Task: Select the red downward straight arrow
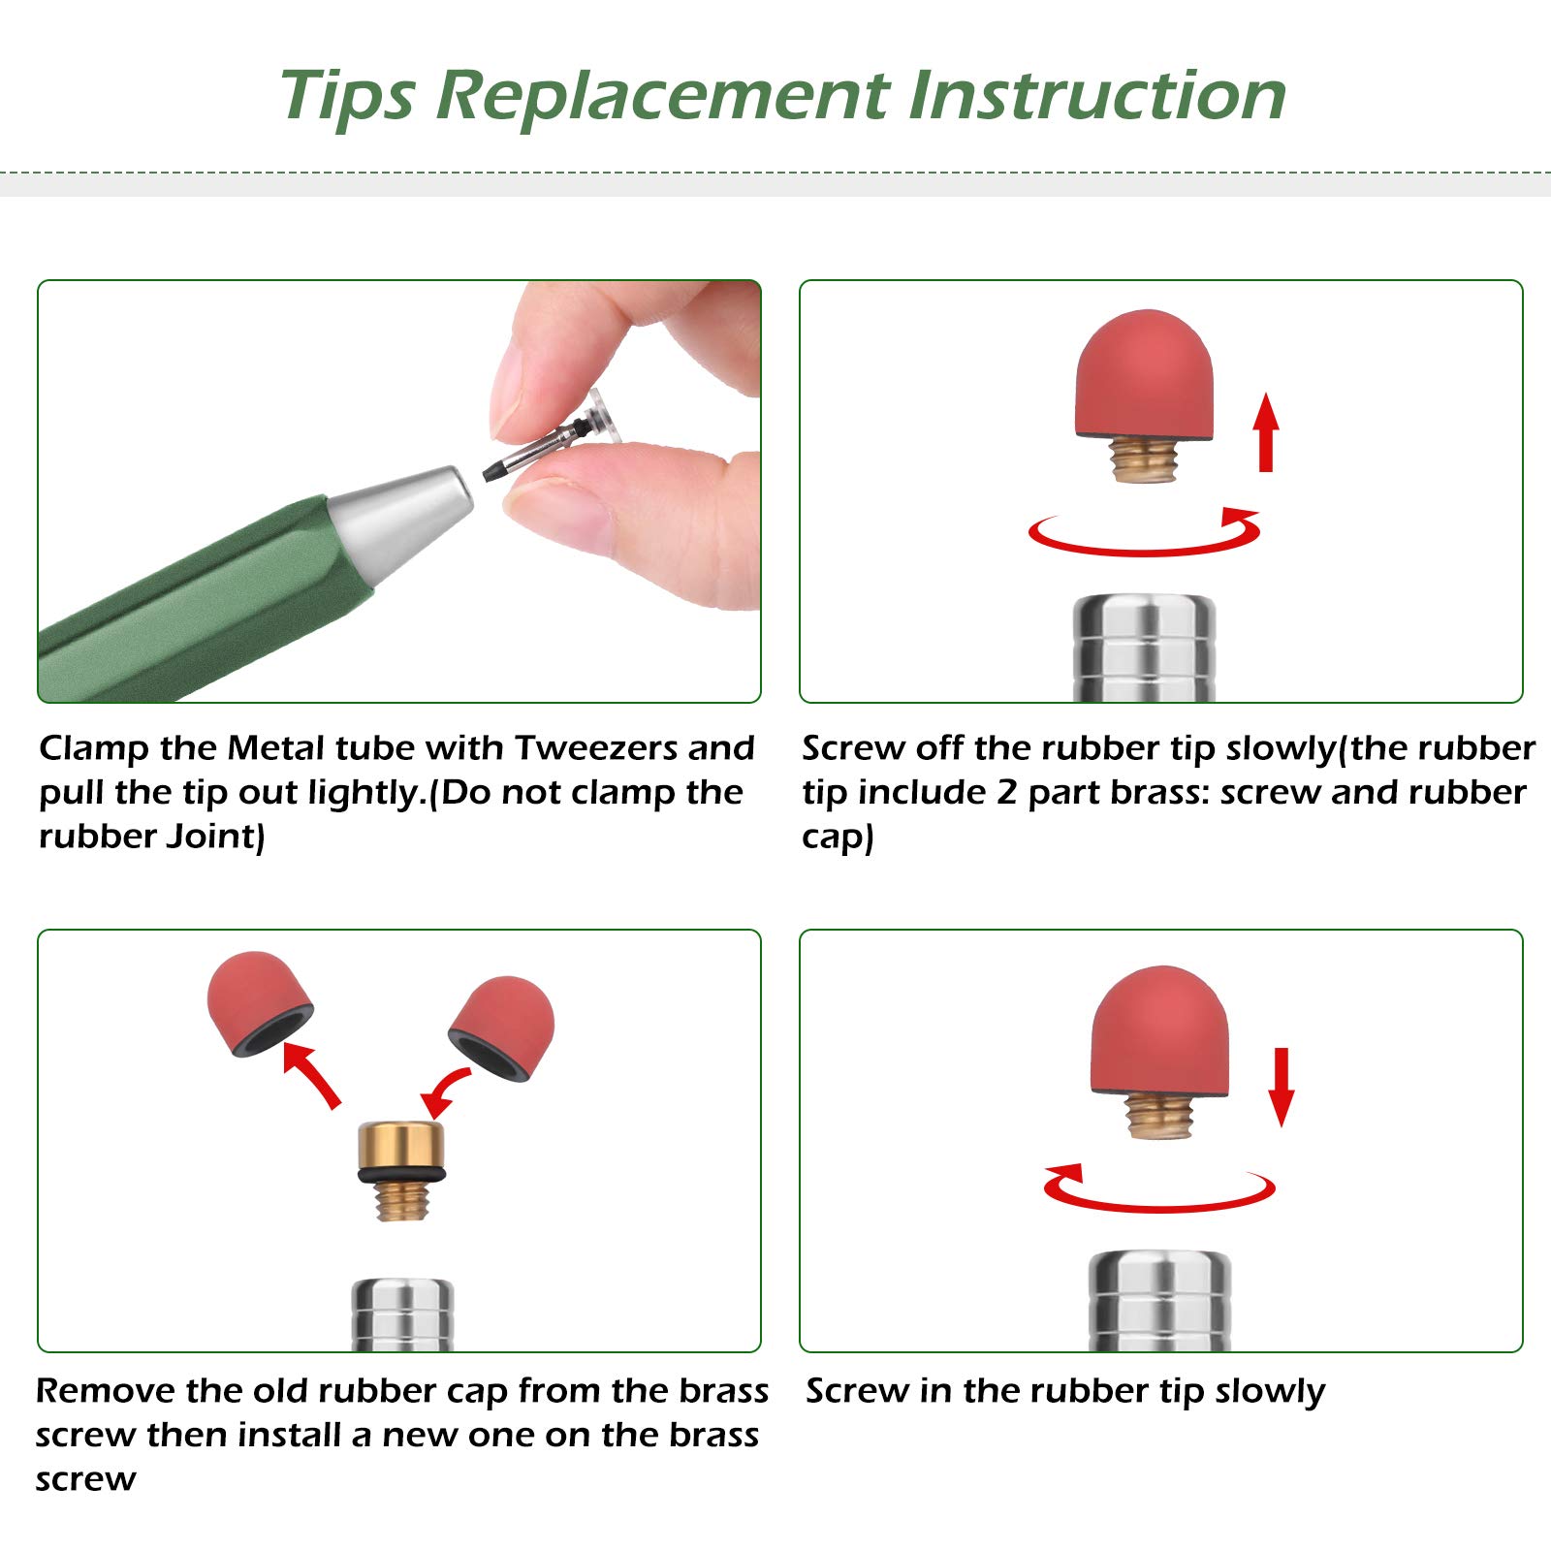pos(1282,1087)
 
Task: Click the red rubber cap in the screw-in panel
pos(1159,1031)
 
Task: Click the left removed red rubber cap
pos(259,1002)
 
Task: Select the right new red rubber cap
pos(502,1029)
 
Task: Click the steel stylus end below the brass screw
pos(401,1315)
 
